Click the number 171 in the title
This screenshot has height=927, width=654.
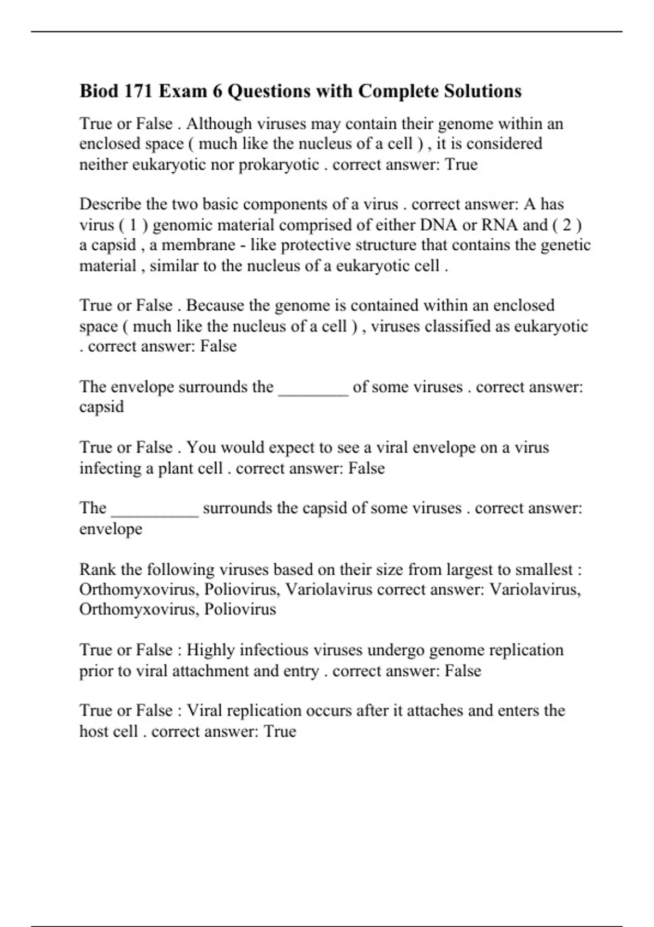click(138, 91)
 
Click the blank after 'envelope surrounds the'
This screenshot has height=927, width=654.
click(313, 387)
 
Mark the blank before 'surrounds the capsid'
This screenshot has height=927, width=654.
click(155, 508)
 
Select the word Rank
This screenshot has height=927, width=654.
click(98, 569)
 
